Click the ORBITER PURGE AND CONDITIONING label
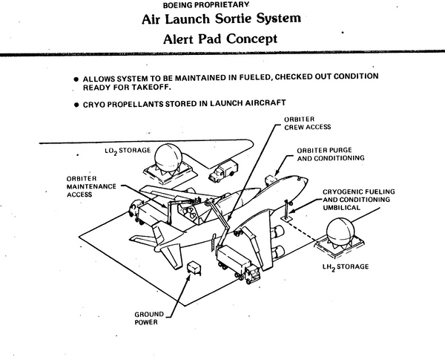(331, 154)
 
